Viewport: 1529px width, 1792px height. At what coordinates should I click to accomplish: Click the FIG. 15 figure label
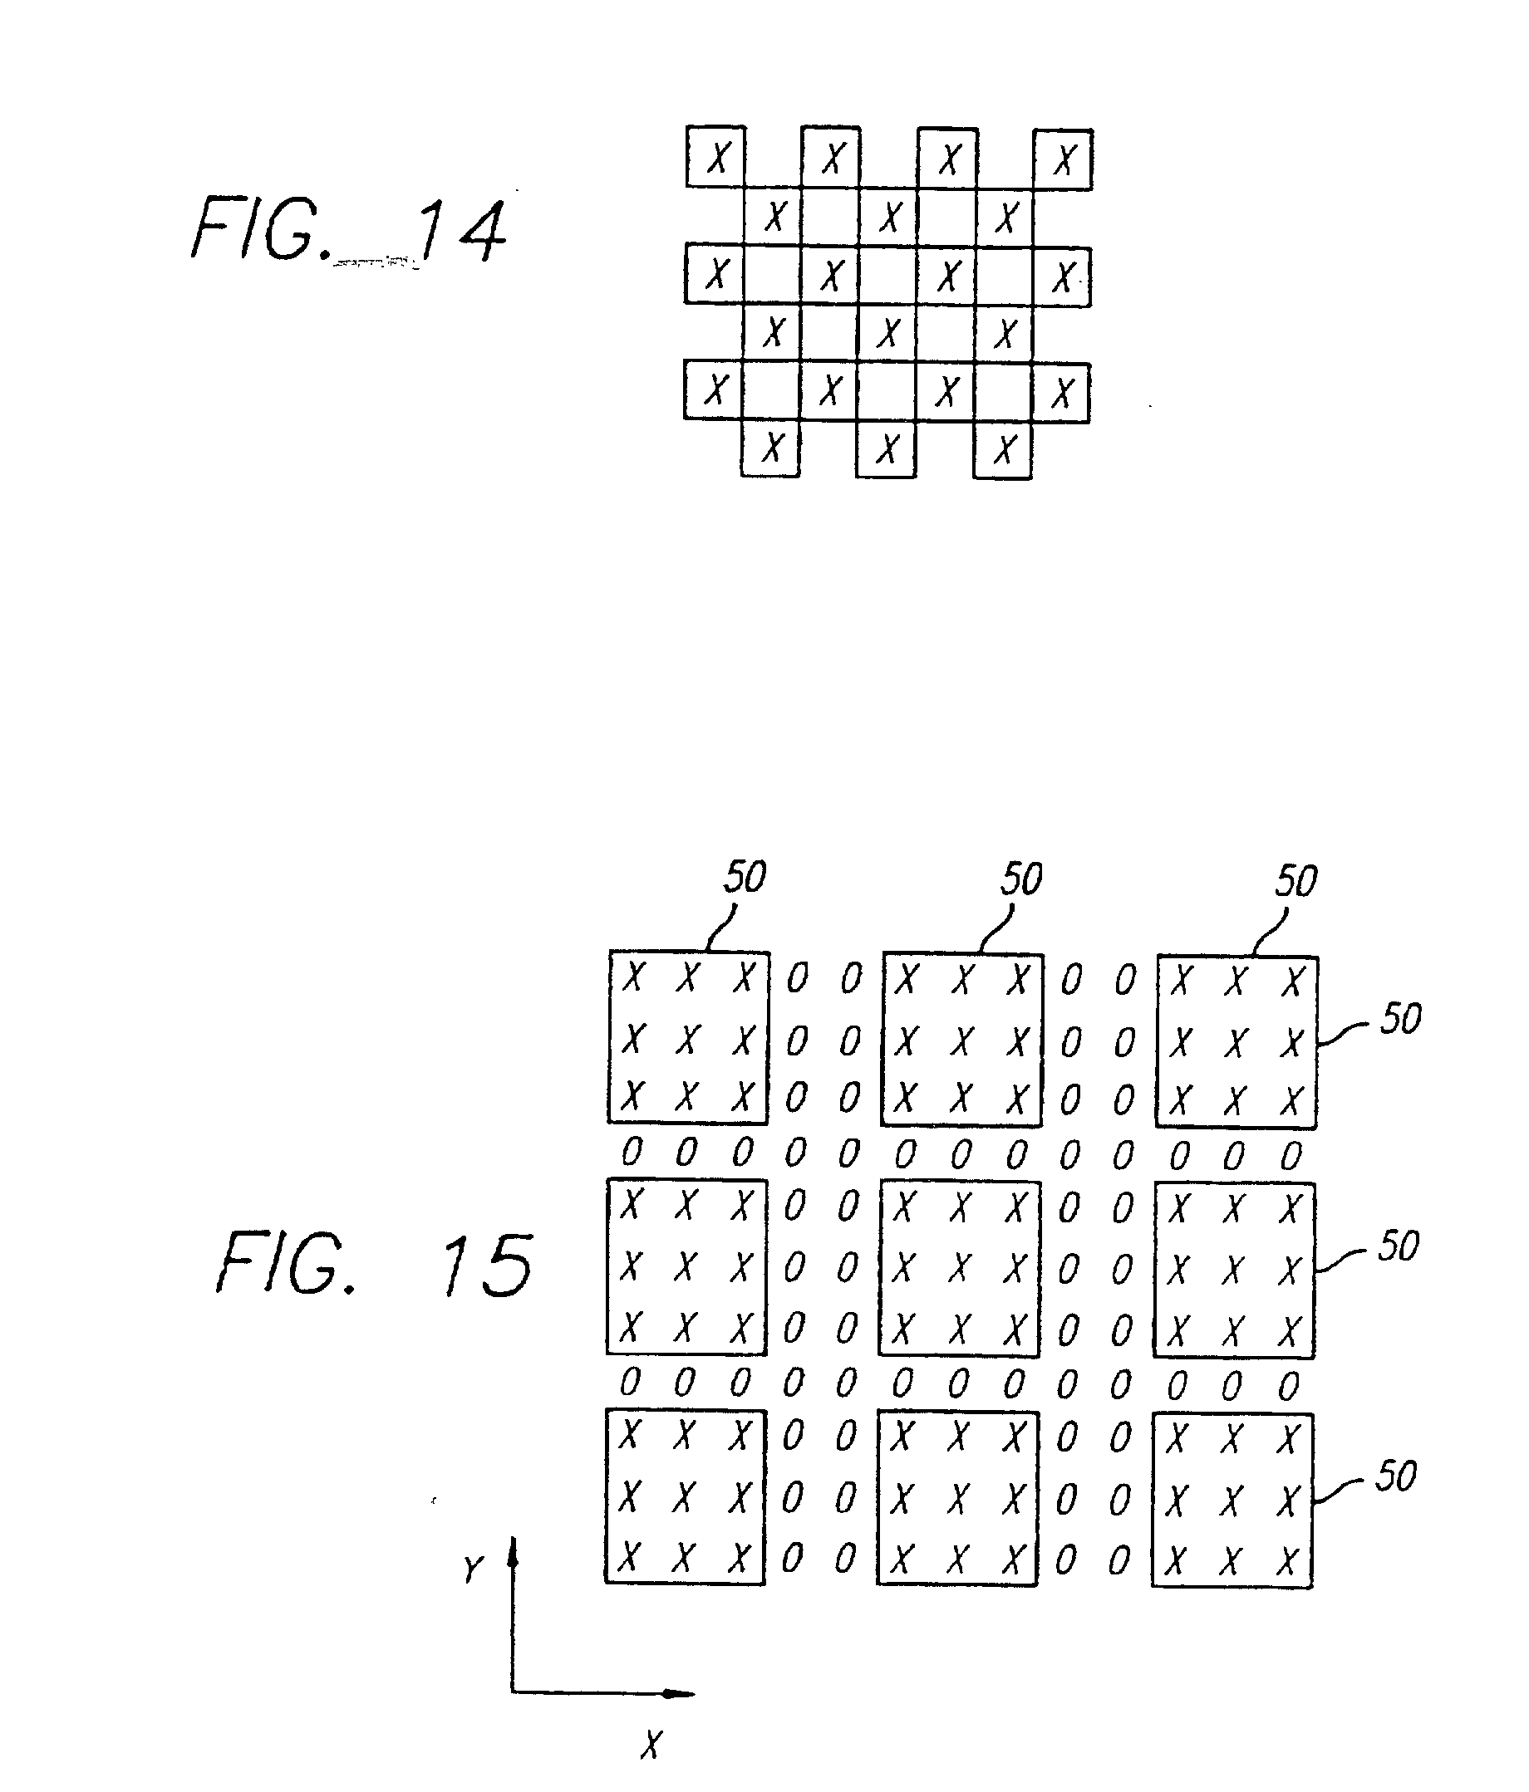(x=374, y=1265)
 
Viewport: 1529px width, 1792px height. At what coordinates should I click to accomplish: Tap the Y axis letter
(x=473, y=1569)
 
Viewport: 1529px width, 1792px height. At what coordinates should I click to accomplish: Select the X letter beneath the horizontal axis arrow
(x=651, y=1745)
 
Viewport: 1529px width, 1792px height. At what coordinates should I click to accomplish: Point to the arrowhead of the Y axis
(x=512, y=1555)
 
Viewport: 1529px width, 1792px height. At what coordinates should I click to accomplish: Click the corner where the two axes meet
(x=512, y=1692)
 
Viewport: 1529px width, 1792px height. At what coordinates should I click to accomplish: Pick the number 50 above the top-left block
(x=745, y=877)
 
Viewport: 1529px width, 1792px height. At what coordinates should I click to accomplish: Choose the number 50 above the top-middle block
(x=1021, y=879)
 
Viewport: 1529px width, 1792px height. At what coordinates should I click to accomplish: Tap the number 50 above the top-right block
(x=1295, y=880)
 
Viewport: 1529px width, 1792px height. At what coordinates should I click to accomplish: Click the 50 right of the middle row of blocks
(x=1399, y=1246)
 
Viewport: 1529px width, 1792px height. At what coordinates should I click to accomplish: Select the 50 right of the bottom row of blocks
(x=1396, y=1476)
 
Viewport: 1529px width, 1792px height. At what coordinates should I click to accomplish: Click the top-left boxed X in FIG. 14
(x=717, y=158)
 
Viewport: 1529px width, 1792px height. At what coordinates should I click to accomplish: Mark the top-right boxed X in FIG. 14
(x=1064, y=159)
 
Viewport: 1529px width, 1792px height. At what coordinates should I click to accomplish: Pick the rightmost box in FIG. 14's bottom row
(x=1003, y=450)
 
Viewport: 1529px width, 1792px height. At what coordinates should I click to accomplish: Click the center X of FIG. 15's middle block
(x=958, y=1269)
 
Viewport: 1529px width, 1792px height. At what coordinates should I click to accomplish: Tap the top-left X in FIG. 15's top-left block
(x=633, y=978)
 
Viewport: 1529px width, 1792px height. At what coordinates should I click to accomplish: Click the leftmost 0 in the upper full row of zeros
(x=632, y=1152)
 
